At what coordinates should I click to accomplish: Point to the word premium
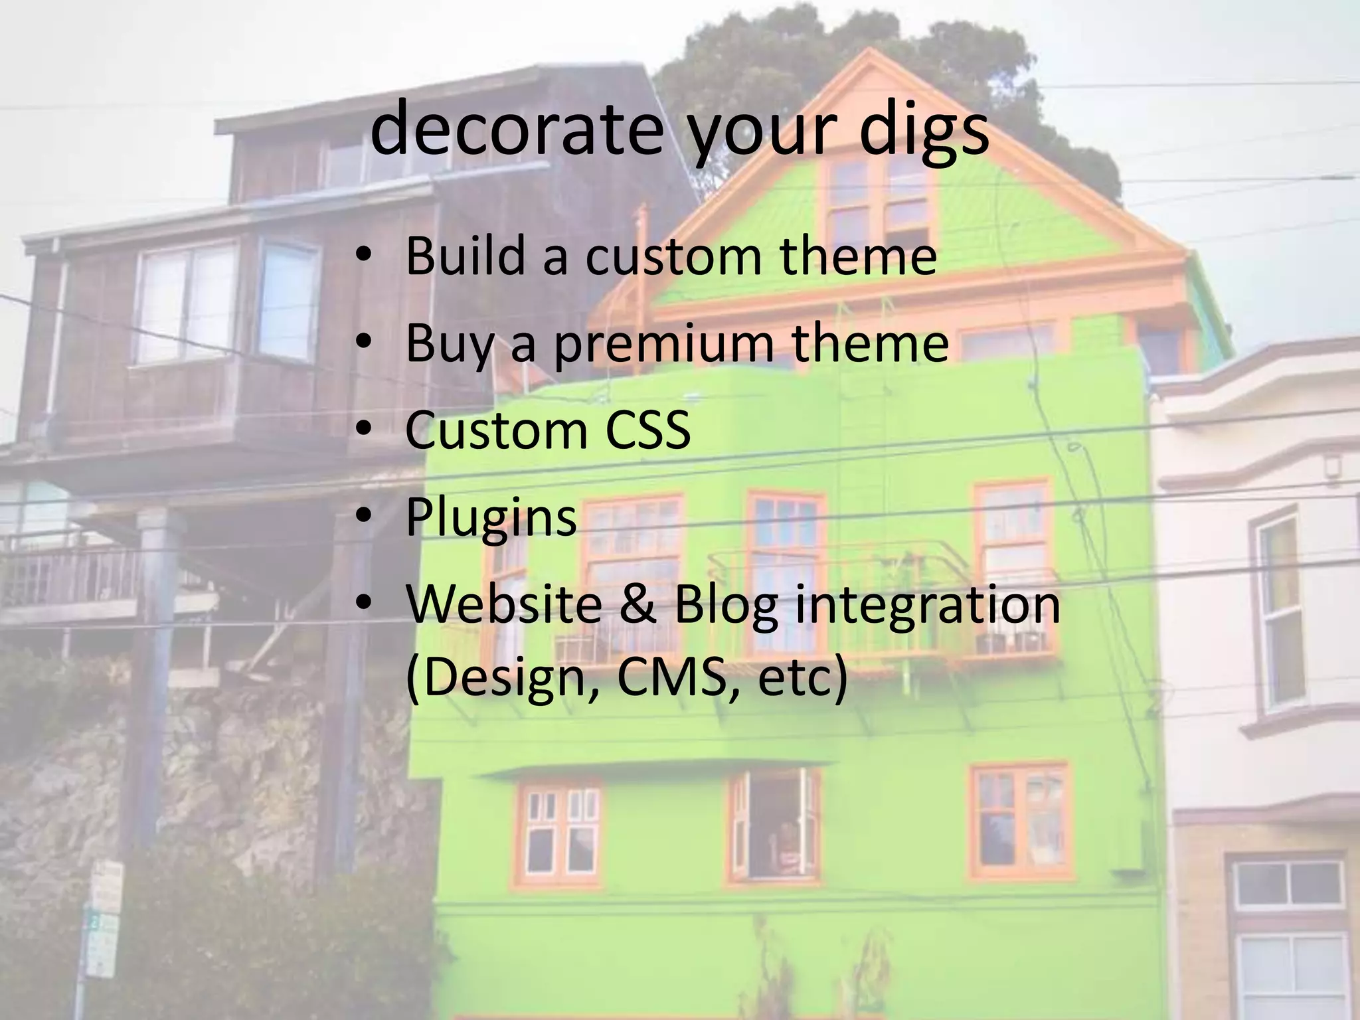click(663, 345)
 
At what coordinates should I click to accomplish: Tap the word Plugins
click(491, 518)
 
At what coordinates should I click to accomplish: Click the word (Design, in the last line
click(503, 680)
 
